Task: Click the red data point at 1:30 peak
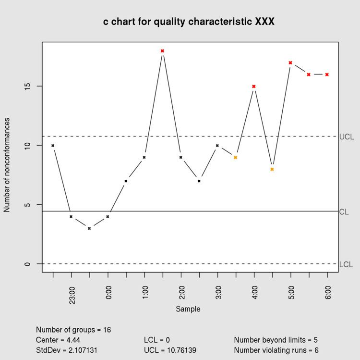coord(162,50)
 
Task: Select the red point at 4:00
coord(254,87)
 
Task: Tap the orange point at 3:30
coord(236,157)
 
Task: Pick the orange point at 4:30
coord(272,169)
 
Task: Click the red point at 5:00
coord(290,62)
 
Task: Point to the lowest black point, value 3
coord(89,228)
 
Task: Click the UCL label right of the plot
coord(347,137)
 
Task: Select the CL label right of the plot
coord(344,212)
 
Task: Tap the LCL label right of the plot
coord(346,265)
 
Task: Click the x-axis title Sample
coord(188,309)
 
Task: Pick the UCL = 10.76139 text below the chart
coord(170,350)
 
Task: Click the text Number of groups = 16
coord(73,330)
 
